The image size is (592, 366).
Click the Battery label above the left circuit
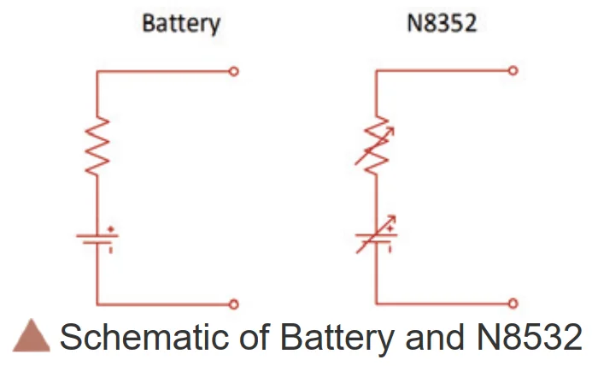[180, 22]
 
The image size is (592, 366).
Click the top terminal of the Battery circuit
[234, 72]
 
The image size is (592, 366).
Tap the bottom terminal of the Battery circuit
[234, 304]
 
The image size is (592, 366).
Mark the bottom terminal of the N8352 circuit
[513, 304]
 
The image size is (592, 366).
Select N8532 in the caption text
[526, 337]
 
